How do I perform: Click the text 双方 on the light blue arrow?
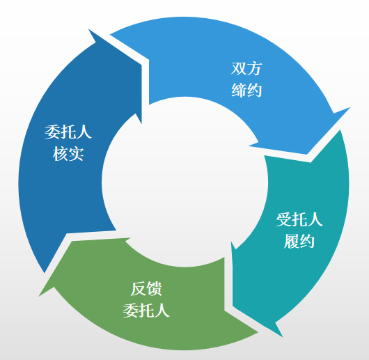[246, 69]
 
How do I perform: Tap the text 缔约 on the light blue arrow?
[246, 90]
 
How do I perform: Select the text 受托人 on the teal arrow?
[299, 219]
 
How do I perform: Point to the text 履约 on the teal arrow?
[299, 241]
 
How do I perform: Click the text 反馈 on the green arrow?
[146, 289]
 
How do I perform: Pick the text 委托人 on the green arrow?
[146, 311]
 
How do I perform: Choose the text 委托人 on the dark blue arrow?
[68, 132]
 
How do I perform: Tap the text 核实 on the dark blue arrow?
[68, 154]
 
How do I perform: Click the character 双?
[239, 69]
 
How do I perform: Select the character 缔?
[239, 90]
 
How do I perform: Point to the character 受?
[284, 219]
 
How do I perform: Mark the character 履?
[291, 241]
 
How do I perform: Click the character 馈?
[154, 289]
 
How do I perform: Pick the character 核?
[60, 154]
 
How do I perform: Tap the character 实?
[76, 154]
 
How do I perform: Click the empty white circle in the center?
[184, 182]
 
